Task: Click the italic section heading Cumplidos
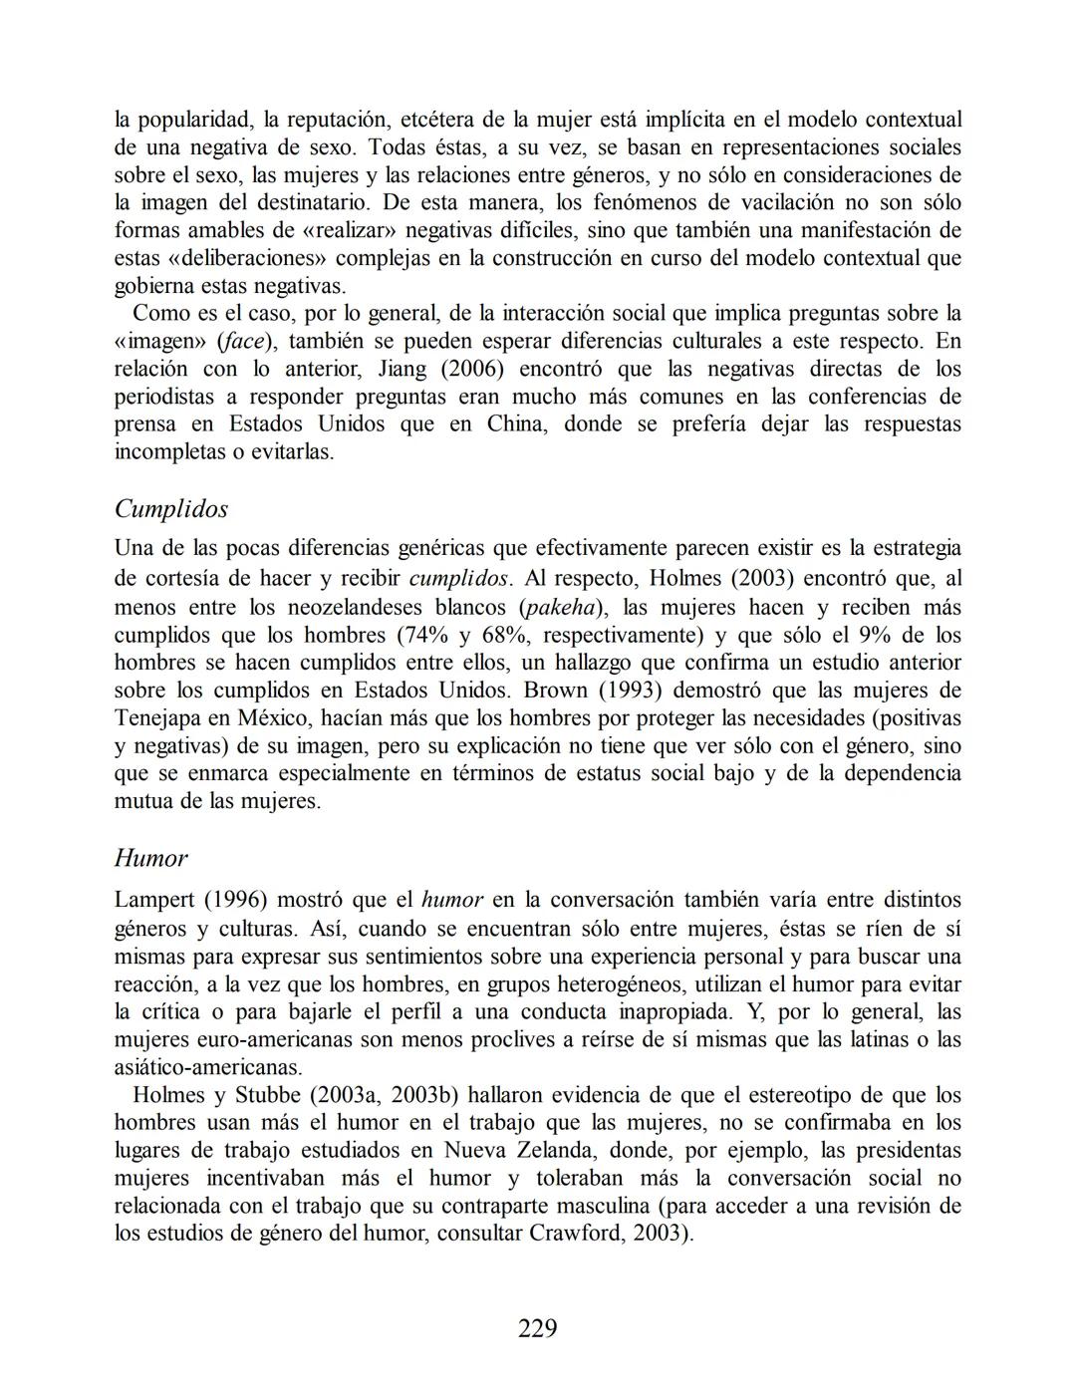click(170, 509)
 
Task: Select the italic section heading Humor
click(150, 858)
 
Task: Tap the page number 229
click(538, 1328)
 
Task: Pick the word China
click(514, 424)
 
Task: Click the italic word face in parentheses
click(243, 342)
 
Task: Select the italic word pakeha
click(558, 608)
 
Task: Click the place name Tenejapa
click(159, 718)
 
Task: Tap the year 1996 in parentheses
click(237, 900)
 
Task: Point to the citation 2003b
click(422, 1096)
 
